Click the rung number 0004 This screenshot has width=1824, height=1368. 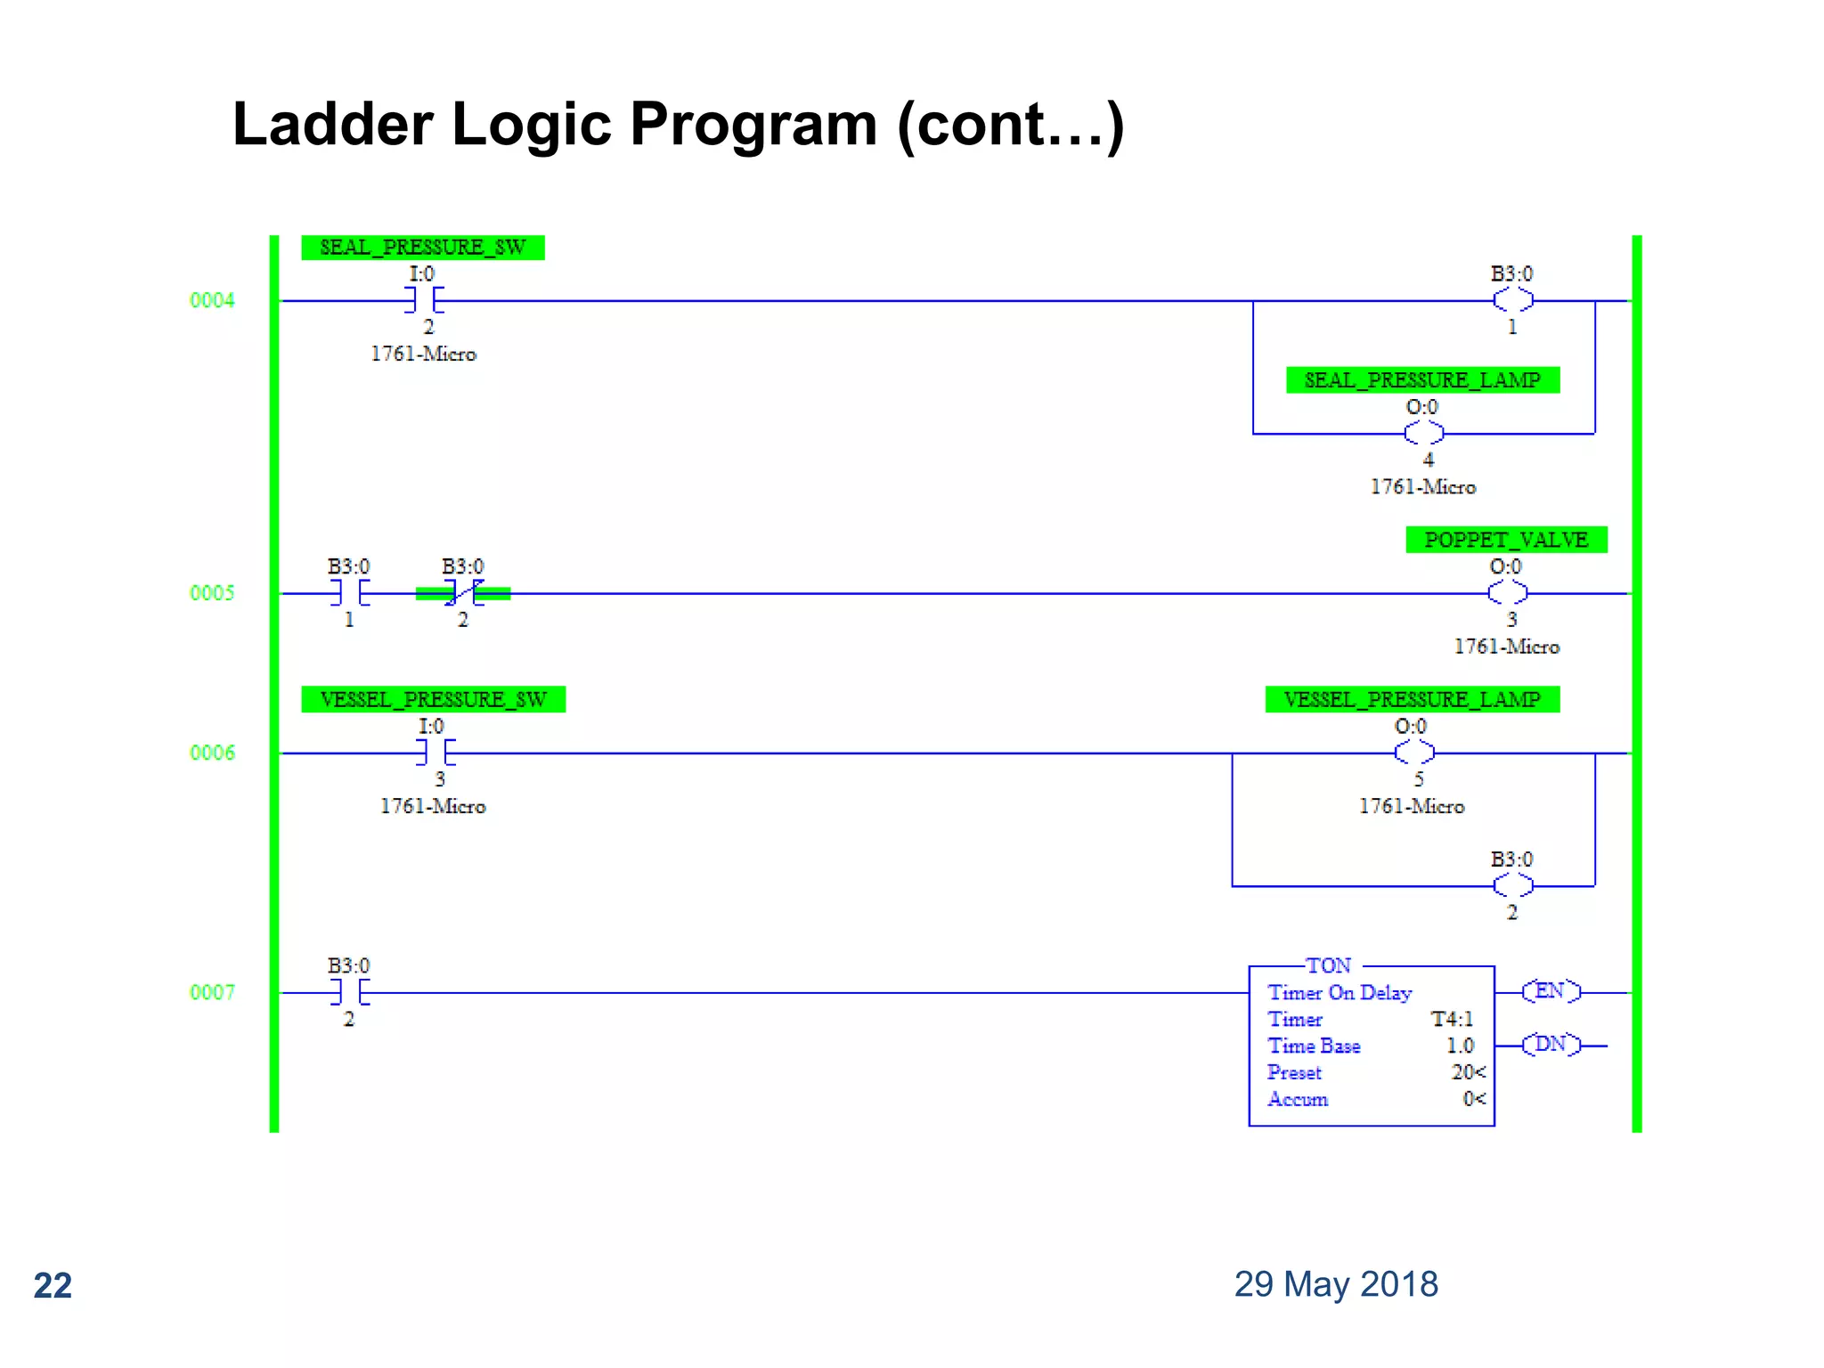pyautogui.click(x=212, y=300)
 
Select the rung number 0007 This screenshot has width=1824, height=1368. pyautogui.click(x=212, y=992)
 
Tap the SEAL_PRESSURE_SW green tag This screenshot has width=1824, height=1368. pyautogui.click(x=422, y=248)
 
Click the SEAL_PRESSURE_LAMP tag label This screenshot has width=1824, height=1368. pyautogui.click(x=1422, y=380)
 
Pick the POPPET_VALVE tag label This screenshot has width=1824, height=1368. pyautogui.click(x=1506, y=540)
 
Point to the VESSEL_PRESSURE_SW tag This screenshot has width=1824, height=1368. pyautogui.click(x=433, y=700)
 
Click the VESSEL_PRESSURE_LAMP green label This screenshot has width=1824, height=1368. pyautogui.click(x=1412, y=700)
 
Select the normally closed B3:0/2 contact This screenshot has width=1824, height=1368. pyautogui.click(x=463, y=593)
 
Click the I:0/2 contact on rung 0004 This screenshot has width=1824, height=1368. pyautogui.click(x=424, y=300)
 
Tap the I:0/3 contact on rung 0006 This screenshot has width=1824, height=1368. pyautogui.click(x=436, y=753)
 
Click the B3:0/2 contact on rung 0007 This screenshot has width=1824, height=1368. pyautogui.click(x=349, y=992)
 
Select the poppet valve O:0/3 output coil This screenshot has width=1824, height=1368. pyautogui.click(x=1507, y=593)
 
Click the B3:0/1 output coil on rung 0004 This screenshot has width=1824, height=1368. pyautogui.click(x=1512, y=300)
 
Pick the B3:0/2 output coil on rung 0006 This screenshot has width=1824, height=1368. pyautogui.click(x=1512, y=886)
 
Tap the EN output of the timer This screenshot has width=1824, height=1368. pyautogui.click(x=1551, y=991)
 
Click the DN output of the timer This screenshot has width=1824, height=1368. pyautogui.click(x=1551, y=1045)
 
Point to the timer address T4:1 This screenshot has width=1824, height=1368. pyautogui.click(x=1452, y=1019)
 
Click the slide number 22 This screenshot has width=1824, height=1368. pyautogui.click(x=53, y=1286)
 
